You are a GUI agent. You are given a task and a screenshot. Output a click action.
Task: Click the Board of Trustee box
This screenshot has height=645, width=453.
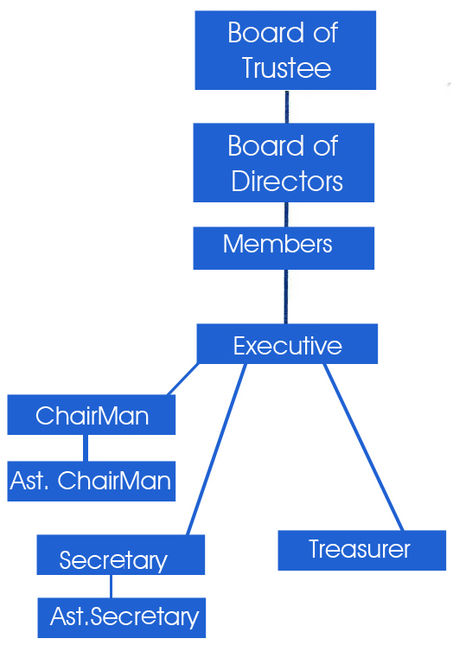285,50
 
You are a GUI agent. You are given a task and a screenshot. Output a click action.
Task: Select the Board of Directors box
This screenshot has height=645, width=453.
284,163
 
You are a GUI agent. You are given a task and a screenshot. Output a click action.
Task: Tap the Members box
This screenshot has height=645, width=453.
284,248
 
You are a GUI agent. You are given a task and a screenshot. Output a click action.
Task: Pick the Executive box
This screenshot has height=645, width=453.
287,344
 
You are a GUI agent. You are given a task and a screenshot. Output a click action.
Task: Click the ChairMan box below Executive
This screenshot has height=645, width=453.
92,415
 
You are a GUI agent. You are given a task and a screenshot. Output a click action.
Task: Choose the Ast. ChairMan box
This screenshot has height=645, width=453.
92,482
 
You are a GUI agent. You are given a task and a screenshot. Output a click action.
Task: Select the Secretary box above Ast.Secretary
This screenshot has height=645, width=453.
120,554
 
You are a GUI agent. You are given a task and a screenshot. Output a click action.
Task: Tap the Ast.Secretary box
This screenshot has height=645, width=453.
122,618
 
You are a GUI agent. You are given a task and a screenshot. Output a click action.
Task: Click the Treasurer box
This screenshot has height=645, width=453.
362,551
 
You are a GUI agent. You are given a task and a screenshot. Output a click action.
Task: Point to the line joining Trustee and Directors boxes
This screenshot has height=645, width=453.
287,106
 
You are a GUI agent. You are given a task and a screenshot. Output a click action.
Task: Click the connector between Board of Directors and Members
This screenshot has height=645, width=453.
286,214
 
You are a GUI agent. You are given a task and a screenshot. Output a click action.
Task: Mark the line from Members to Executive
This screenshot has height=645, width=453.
286,297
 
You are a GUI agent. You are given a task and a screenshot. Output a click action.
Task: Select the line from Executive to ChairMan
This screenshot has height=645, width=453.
182,380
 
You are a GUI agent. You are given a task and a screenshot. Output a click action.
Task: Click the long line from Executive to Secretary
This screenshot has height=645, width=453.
216,450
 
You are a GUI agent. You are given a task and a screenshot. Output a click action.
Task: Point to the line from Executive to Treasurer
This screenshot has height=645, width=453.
364,447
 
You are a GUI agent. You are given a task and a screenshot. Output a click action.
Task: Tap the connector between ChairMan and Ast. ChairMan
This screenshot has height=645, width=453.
86,448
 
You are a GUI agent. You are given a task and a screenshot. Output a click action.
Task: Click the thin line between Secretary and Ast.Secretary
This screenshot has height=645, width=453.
111,586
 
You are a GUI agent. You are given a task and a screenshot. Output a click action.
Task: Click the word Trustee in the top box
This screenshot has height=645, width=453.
286,68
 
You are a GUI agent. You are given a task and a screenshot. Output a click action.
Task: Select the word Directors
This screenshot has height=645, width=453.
287,181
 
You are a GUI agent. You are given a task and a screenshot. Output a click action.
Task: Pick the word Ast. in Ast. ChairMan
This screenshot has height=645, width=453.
29,481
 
